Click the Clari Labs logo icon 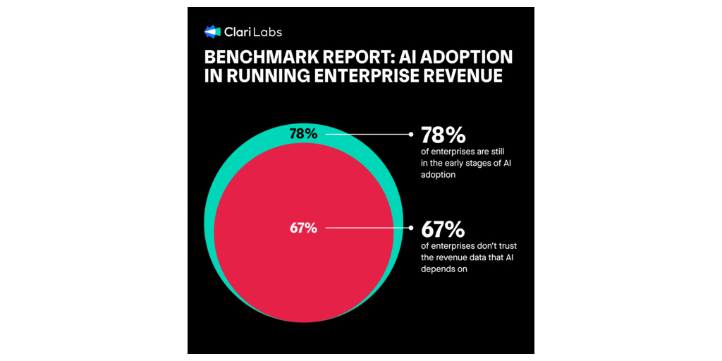[x=212, y=32]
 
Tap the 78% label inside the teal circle [x=304, y=133]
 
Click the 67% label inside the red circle [x=303, y=228]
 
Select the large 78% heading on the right [x=442, y=135]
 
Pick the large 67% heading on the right [x=442, y=230]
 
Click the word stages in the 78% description [x=487, y=164]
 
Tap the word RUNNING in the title [x=259, y=76]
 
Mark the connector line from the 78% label [x=367, y=133]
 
